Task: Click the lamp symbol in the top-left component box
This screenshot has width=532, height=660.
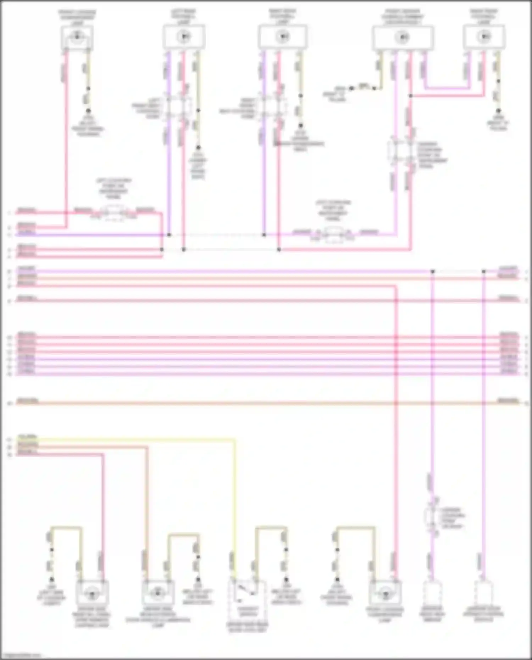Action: (x=77, y=36)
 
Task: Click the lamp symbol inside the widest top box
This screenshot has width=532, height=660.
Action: (x=403, y=37)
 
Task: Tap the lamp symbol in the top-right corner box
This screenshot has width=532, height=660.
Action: (x=484, y=36)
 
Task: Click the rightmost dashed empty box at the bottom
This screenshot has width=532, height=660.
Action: (x=484, y=592)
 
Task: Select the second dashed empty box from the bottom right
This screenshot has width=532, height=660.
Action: (x=432, y=592)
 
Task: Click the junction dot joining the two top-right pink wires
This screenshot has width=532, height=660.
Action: (x=410, y=96)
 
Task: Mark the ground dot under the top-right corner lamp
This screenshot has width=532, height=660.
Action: (x=498, y=111)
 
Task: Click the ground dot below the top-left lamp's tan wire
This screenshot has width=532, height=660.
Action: (x=88, y=111)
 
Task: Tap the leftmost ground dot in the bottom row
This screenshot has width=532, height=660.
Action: (x=51, y=579)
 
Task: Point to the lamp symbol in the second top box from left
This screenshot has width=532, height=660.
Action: (x=184, y=36)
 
